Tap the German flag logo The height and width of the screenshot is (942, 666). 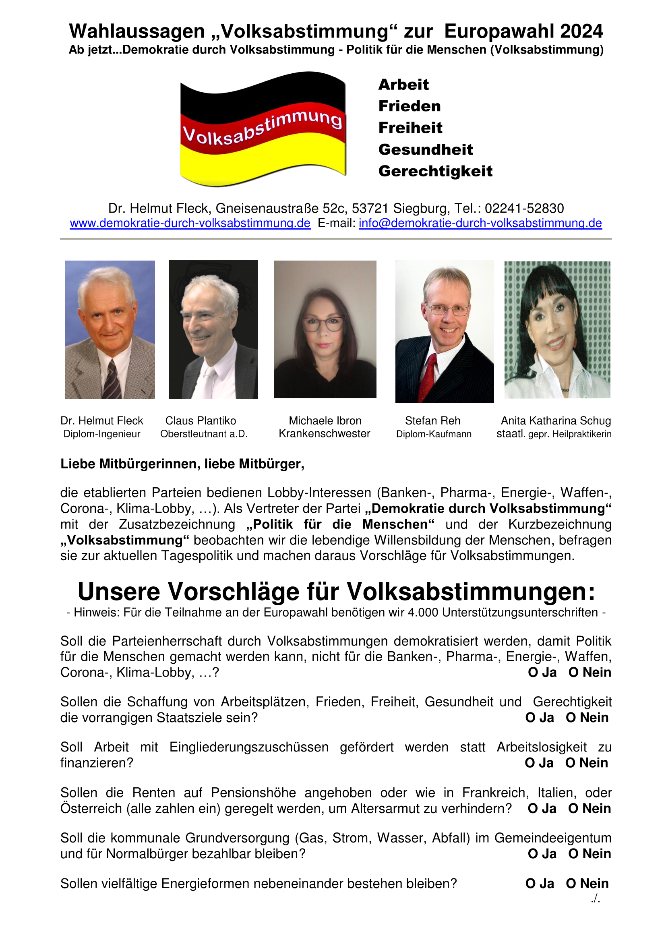pyautogui.click(x=263, y=128)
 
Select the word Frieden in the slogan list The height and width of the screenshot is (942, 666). pyautogui.click(x=409, y=106)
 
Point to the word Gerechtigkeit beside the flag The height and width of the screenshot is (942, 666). pyautogui.click(x=435, y=171)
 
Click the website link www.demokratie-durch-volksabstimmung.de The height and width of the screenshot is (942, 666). pyautogui.click(x=190, y=223)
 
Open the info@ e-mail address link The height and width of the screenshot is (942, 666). pyautogui.click(x=480, y=223)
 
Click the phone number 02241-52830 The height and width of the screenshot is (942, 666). pyautogui.click(x=524, y=209)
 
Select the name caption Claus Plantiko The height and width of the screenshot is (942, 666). pyautogui.click(x=201, y=420)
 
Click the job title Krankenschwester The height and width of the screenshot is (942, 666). pyautogui.click(x=325, y=434)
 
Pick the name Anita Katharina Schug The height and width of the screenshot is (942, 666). pyautogui.click(x=556, y=420)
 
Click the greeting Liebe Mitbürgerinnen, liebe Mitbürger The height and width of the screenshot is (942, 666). pyautogui.click(x=182, y=464)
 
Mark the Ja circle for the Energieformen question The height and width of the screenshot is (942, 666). pyautogui.click(x=531, y=884)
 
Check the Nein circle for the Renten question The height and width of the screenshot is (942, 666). pyautogui.click(x=573, y=809)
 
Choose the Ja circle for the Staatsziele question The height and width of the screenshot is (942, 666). pyautogui.click(x=531, y=718)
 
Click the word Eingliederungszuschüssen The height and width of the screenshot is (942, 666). pyautogui.click(x=249, y=747)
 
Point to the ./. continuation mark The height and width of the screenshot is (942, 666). pyautogui.click(x=596, y=899)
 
